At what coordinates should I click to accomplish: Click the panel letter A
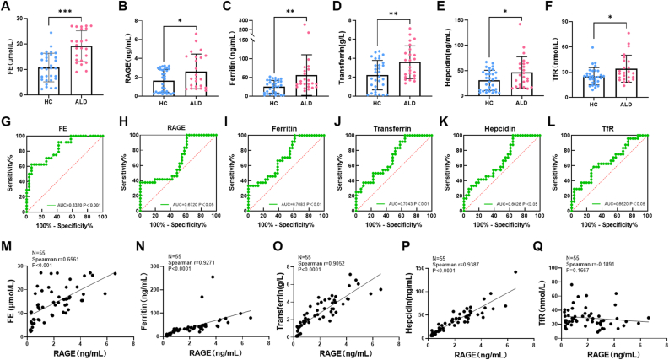(x=6, y=8)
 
